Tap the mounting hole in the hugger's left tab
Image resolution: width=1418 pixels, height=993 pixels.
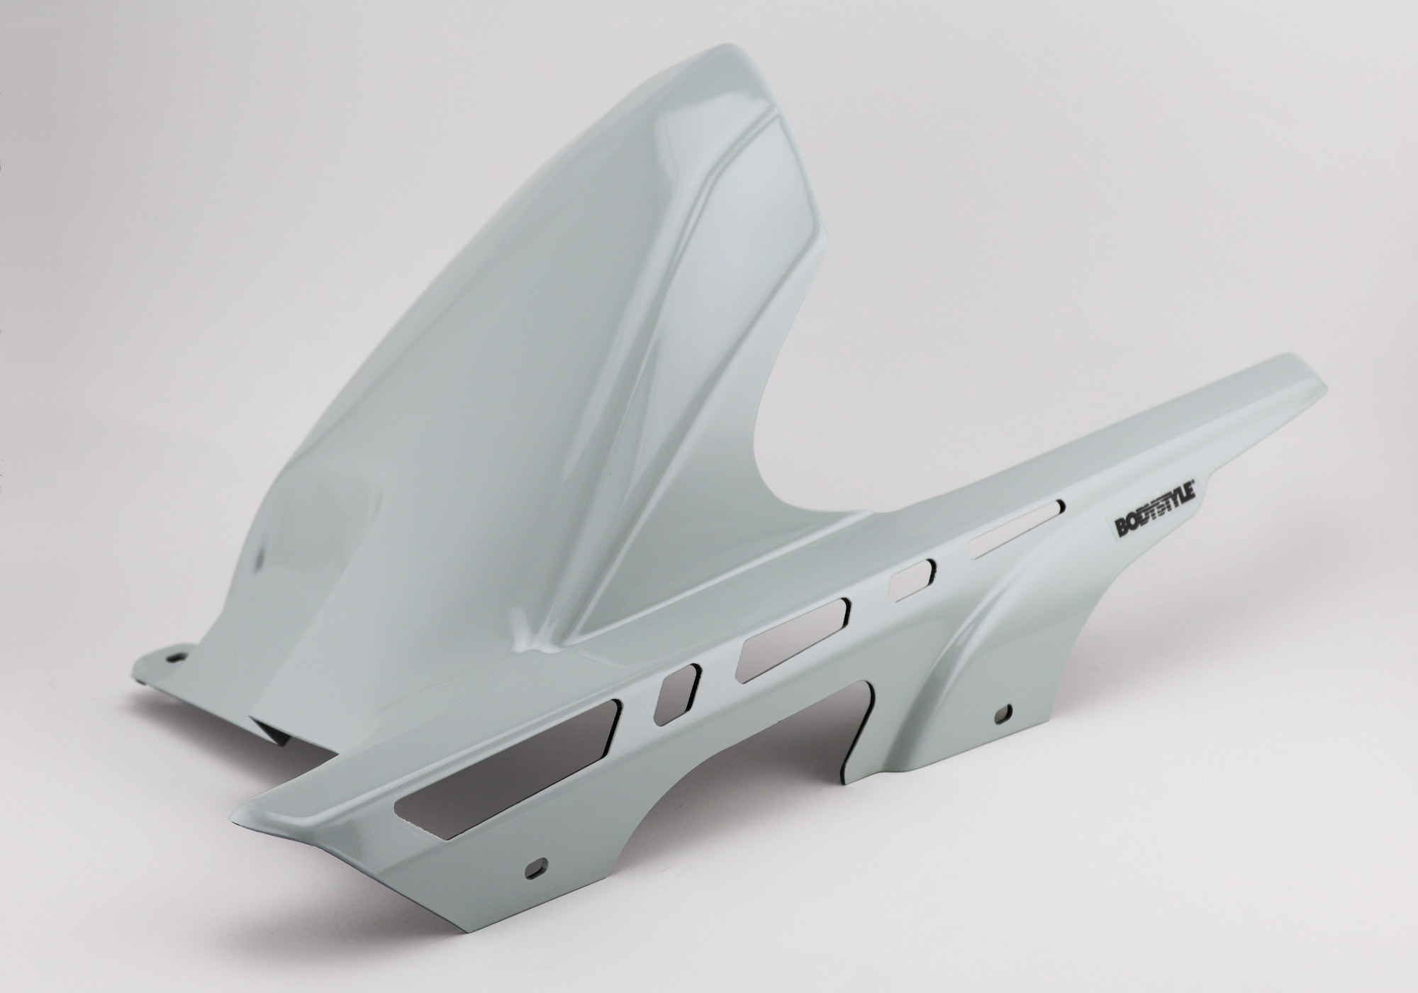point(172,657)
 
